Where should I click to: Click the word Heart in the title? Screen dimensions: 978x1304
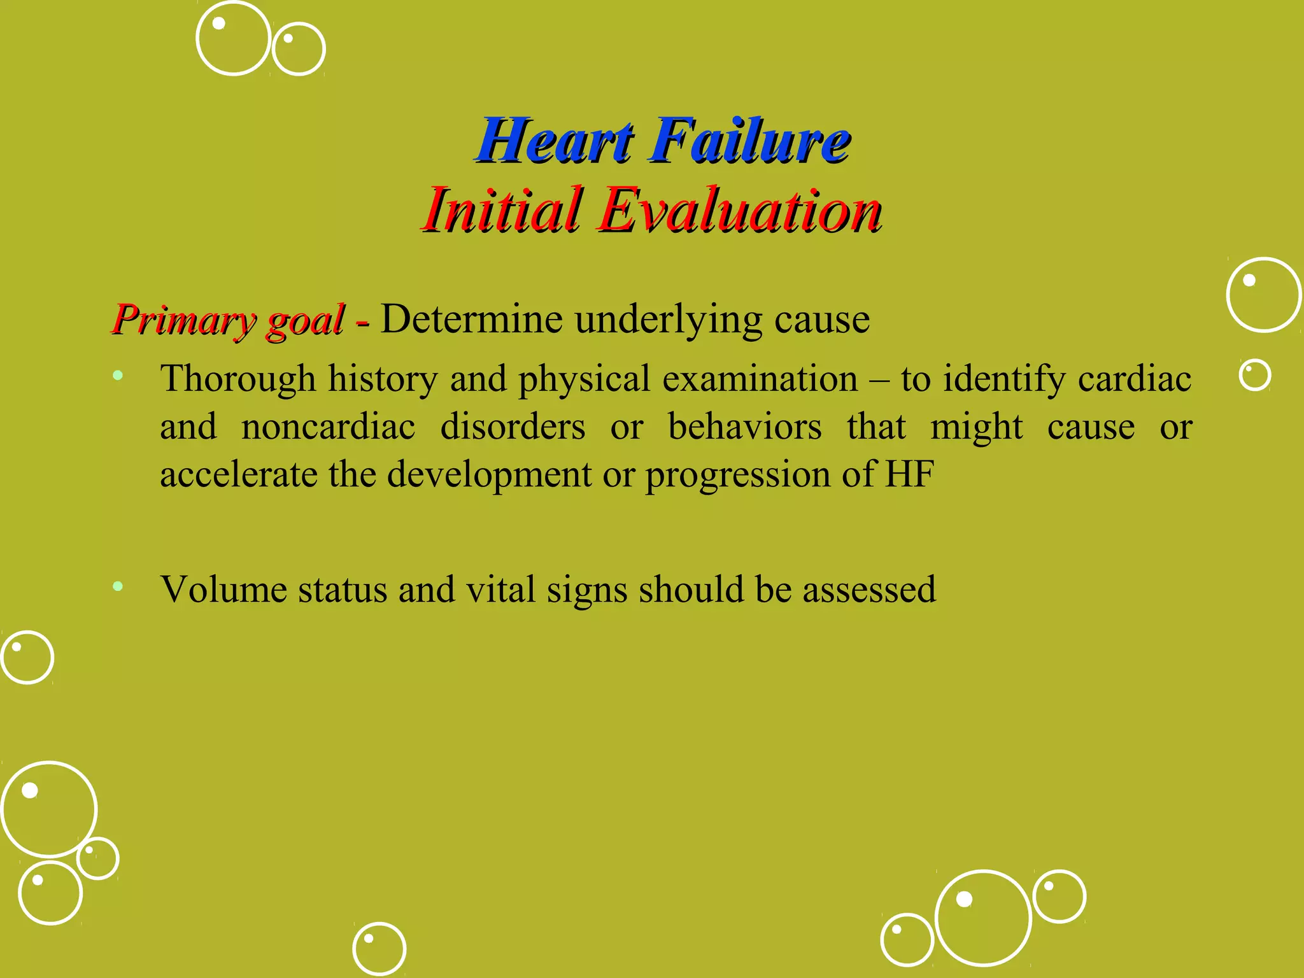click(555, 141)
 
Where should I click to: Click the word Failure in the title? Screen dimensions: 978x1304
click(749, 141)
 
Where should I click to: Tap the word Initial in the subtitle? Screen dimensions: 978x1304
click(503, 210)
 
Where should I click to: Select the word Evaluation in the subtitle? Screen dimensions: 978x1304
click(739, 210)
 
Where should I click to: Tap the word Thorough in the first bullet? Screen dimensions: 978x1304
click(237, 379)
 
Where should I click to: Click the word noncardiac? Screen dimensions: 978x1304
click(328, 427)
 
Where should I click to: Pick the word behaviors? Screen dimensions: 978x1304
click(744, 427)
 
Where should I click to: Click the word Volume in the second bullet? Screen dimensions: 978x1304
click(223, 589)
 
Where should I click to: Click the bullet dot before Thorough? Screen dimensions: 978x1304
click(118, 376)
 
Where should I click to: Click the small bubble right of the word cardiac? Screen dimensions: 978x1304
click(1254, 375)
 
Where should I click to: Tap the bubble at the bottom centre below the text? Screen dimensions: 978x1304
click(379, 949)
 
